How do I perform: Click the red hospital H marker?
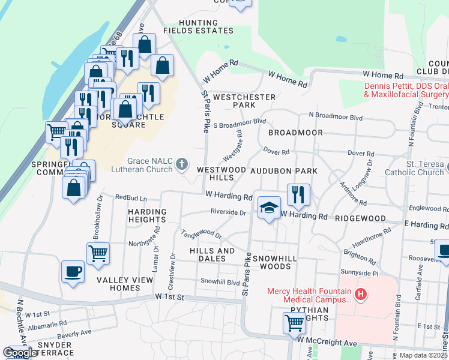click(x=360, y=294)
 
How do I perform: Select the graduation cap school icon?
click(x=270, y=208)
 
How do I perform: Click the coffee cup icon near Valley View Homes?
click(x=73, y=271)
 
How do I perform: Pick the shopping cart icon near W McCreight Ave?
click(x=294, y=322)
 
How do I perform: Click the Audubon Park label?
click(x=283, y=171)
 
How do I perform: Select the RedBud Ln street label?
click(x=131, y=197)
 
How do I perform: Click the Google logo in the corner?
click(x=20, y=353)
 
